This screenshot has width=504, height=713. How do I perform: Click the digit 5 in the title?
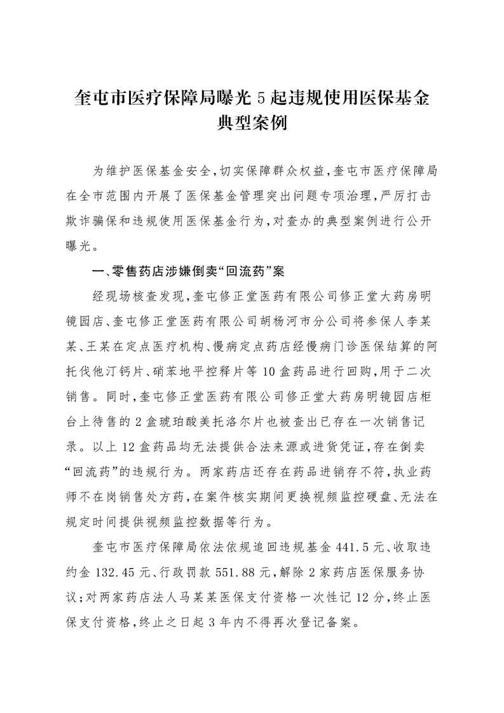(x=259, y=98)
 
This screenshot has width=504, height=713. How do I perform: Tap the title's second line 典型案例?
(x=252, y=123)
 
